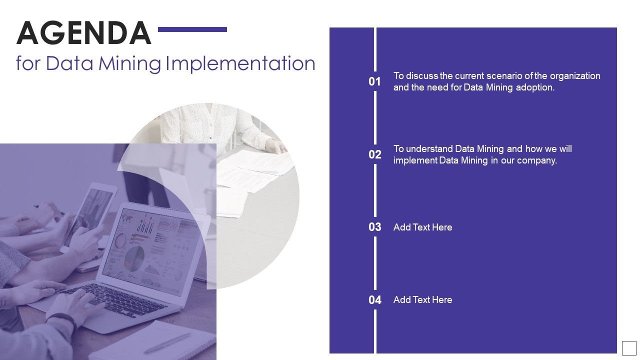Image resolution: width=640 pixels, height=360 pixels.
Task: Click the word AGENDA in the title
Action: click(84, 33)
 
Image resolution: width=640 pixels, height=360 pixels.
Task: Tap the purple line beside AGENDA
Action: click(192, 29)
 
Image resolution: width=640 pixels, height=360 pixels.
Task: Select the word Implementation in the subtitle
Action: click(240, 64)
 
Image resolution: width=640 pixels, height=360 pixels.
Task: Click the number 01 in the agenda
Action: click(375, 81)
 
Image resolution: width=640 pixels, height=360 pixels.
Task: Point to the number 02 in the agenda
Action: click(375, 154)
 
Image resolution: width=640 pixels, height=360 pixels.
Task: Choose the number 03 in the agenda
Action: click(375, 227)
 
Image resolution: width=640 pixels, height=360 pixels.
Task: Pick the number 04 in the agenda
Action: click(375, 300)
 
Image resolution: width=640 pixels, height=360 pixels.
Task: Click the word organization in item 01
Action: click(575, 76)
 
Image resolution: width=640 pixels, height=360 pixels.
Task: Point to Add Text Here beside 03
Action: click(422, 227)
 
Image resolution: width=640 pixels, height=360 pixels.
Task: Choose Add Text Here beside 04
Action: click(422, 300)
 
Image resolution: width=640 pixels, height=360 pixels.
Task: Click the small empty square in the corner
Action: click(629, 347)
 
